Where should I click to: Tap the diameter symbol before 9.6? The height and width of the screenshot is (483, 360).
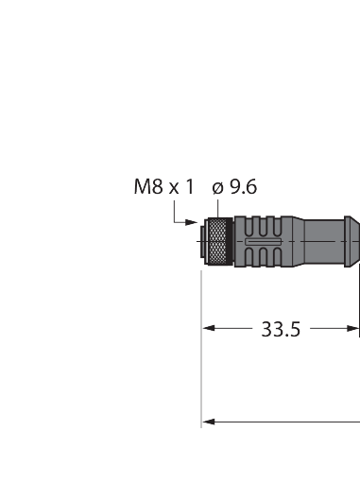point(217,188)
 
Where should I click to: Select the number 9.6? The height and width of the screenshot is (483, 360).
point(244,187)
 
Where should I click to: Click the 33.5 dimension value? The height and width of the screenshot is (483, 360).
point(281,329)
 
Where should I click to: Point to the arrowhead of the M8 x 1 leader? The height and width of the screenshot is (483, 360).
point(191,222)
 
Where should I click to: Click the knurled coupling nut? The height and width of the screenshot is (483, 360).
point(216,241)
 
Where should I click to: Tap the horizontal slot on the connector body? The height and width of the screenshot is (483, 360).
point(264,242)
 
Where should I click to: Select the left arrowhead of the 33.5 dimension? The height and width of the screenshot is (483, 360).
point(209,328)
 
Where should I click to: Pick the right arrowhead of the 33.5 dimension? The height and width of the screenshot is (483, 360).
point(352,329)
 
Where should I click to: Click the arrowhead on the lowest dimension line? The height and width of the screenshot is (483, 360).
point(209,422)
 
